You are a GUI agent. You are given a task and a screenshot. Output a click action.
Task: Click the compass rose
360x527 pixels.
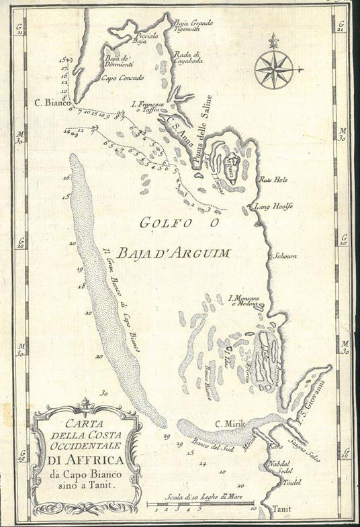(273, 68)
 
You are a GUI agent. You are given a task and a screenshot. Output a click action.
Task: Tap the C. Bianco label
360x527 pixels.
(51, 103)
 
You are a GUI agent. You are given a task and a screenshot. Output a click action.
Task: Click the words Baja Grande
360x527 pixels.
(189, 23)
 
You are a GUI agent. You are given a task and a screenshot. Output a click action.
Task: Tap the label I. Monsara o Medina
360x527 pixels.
(244, 300)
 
